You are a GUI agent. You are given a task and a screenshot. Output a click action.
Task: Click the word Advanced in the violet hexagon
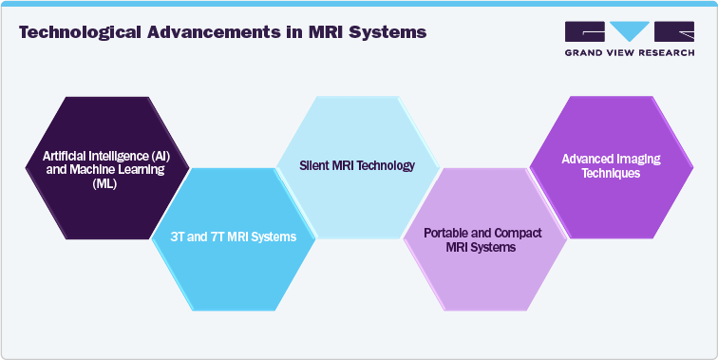click(x=586, y=160)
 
